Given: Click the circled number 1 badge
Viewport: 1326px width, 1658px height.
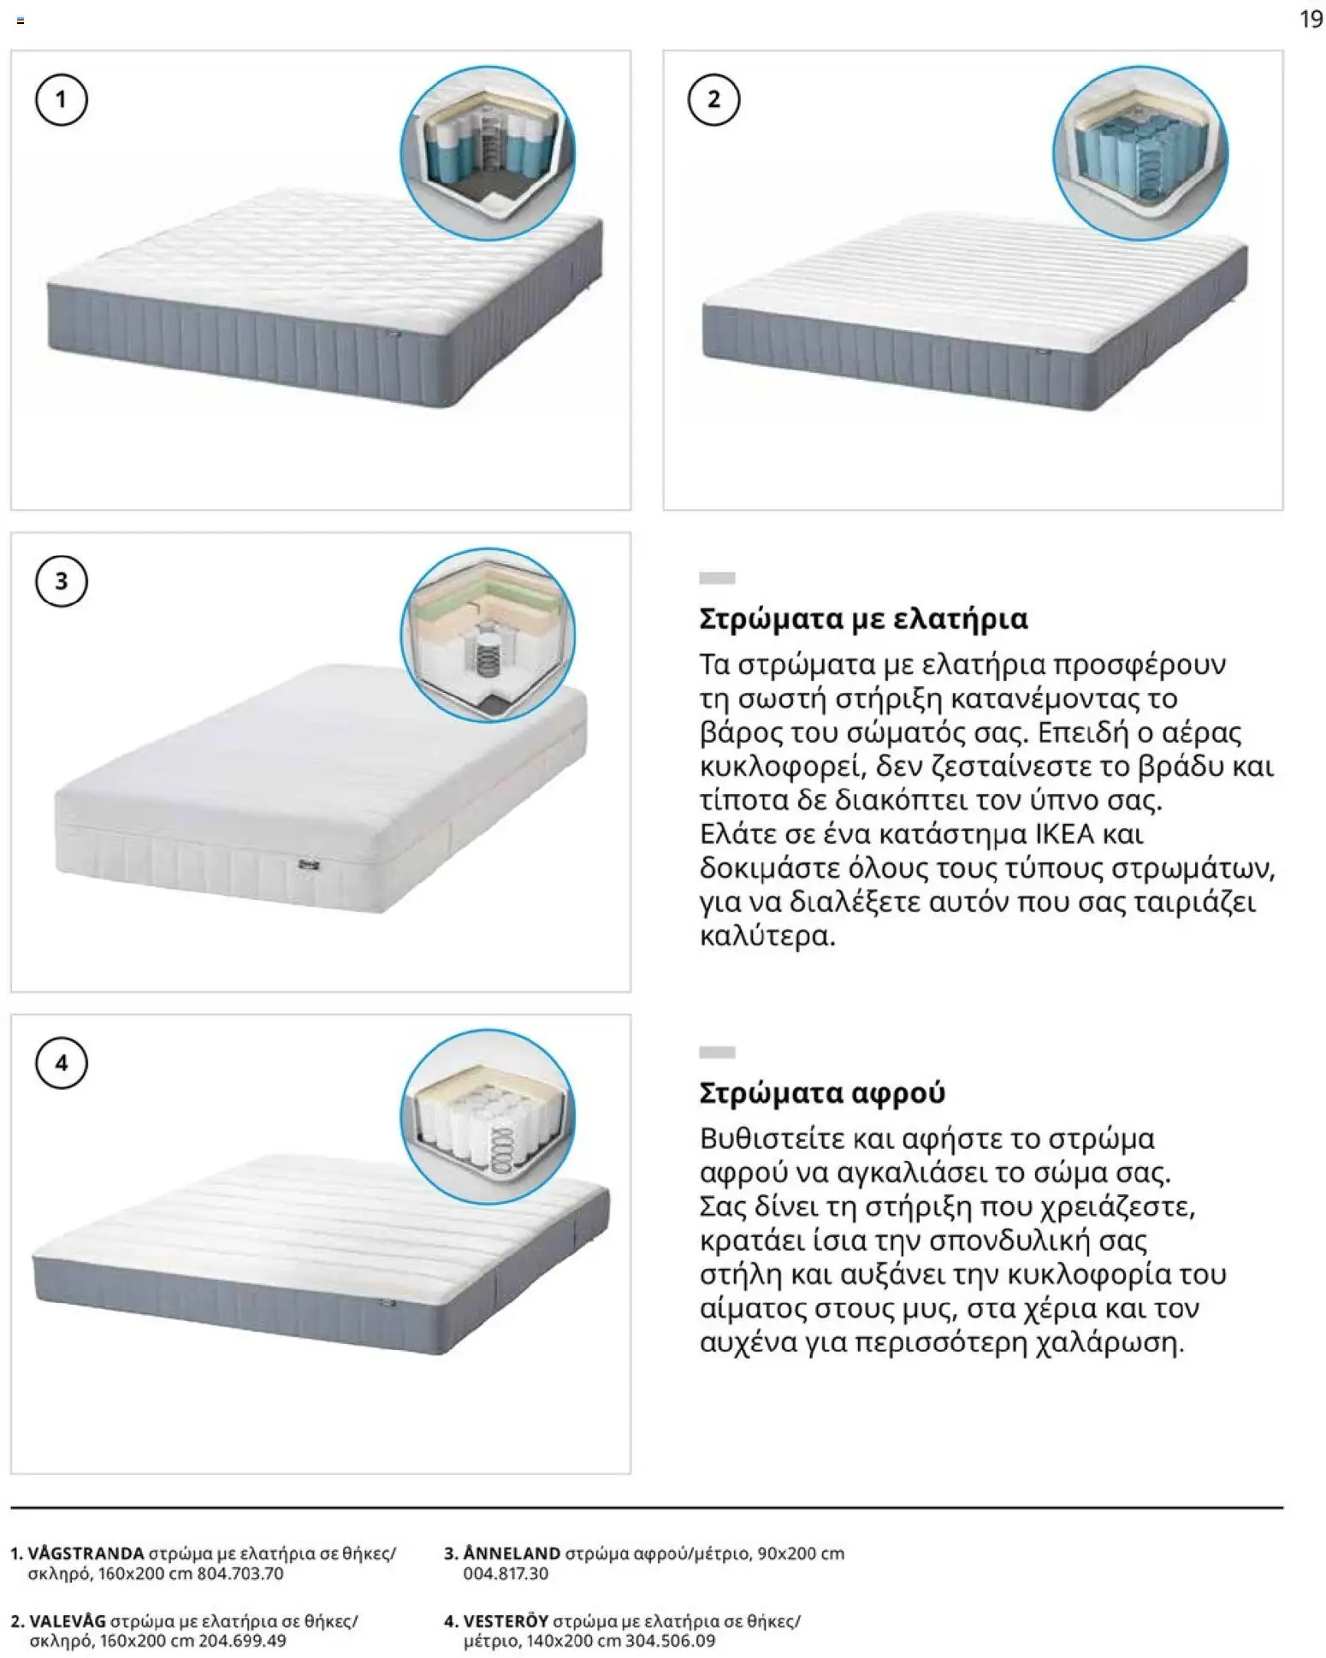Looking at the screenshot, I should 61,100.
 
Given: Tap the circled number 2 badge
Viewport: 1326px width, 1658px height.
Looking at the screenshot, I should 713,100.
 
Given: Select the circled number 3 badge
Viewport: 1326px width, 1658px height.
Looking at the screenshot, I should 61,582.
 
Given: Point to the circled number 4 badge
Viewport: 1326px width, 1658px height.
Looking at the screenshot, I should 61,1063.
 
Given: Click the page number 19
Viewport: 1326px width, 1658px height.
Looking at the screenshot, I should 1310,19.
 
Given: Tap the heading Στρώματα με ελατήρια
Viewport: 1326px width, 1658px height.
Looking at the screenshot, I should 863,619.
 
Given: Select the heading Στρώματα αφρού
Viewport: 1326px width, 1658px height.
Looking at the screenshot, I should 822,1093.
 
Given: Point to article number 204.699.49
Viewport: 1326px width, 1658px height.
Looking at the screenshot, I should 242,1641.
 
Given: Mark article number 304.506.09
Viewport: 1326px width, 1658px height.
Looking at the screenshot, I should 671,1641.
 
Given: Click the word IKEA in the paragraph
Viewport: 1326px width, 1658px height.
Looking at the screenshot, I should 1064,834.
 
